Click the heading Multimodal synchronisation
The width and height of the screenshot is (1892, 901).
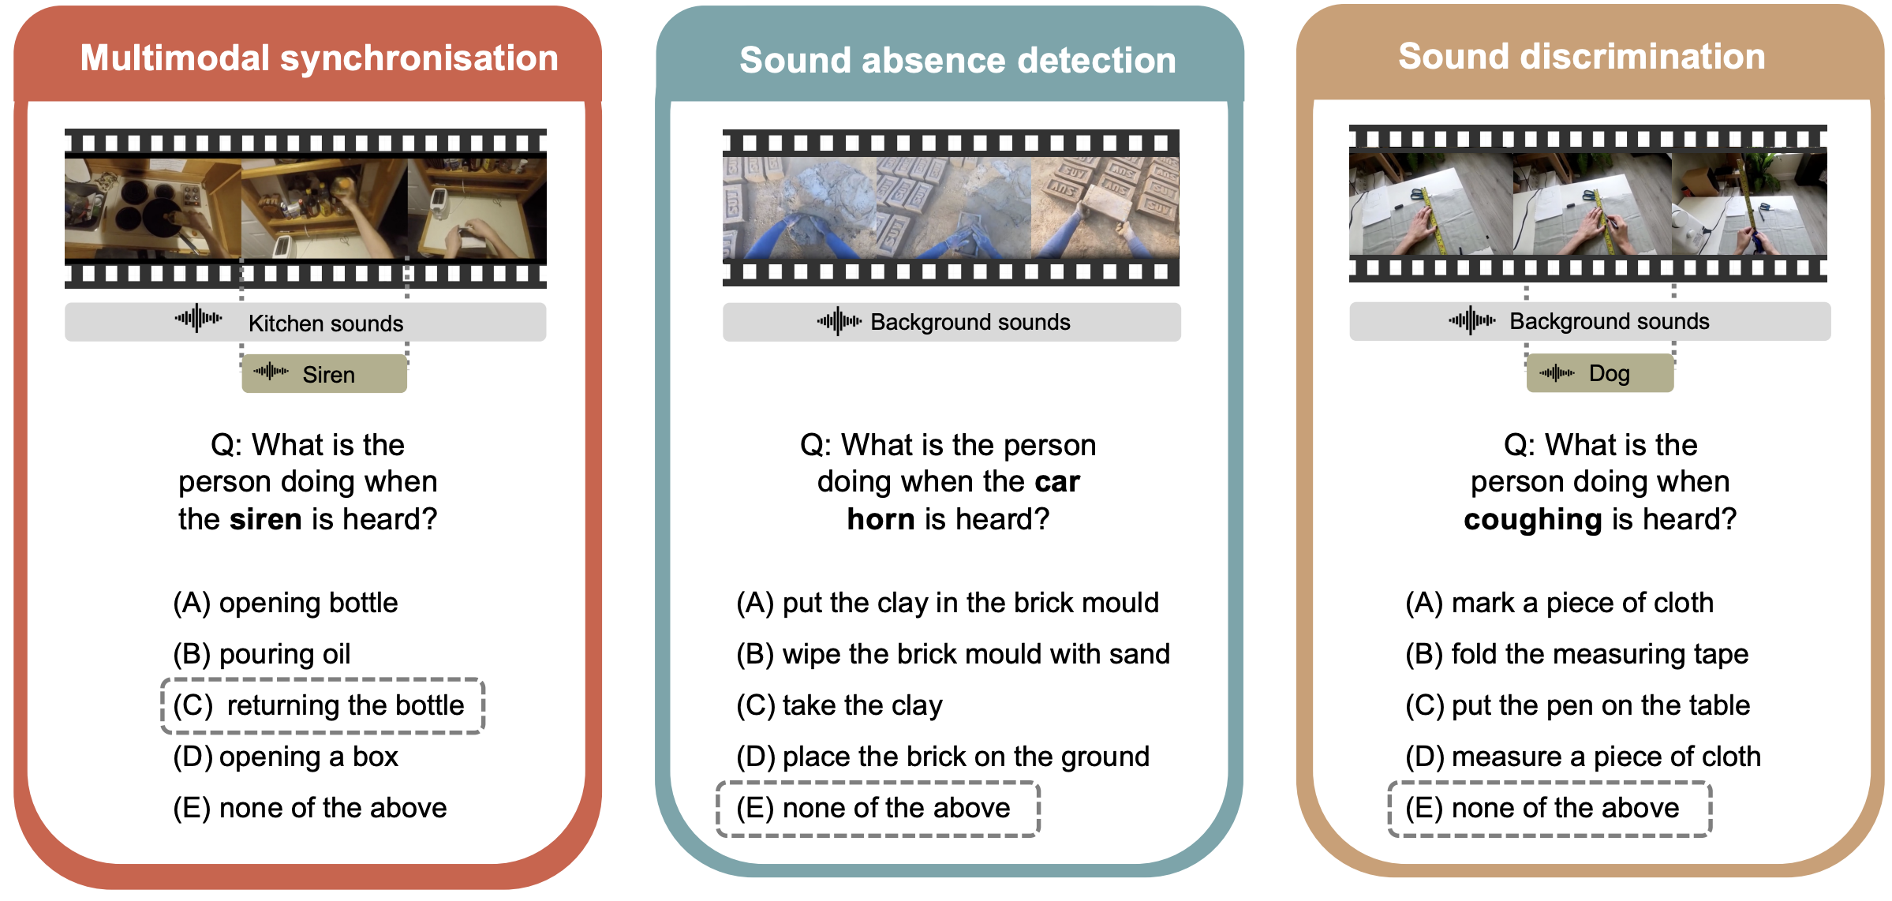(319, 58)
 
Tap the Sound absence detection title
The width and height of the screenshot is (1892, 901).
(957, 61)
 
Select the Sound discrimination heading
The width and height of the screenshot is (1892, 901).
(1581, 57)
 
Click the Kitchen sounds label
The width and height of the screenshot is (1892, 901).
(325, 323)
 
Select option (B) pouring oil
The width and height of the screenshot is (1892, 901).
(262, 654)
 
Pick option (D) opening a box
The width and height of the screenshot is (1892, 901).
(286, 757)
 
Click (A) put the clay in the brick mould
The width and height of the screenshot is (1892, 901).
(948, 603)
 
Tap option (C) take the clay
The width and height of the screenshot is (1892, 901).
(839, 705)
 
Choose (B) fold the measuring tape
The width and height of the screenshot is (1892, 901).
(1576, 654)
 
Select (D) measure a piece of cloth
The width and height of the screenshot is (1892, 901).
(1583, 757)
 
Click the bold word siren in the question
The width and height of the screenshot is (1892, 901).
(266, 519)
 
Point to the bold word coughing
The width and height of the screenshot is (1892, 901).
(1532, 520)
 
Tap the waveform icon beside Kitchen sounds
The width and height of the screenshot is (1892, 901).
(198, 319)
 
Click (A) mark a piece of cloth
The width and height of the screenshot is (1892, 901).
(1559, 603)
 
